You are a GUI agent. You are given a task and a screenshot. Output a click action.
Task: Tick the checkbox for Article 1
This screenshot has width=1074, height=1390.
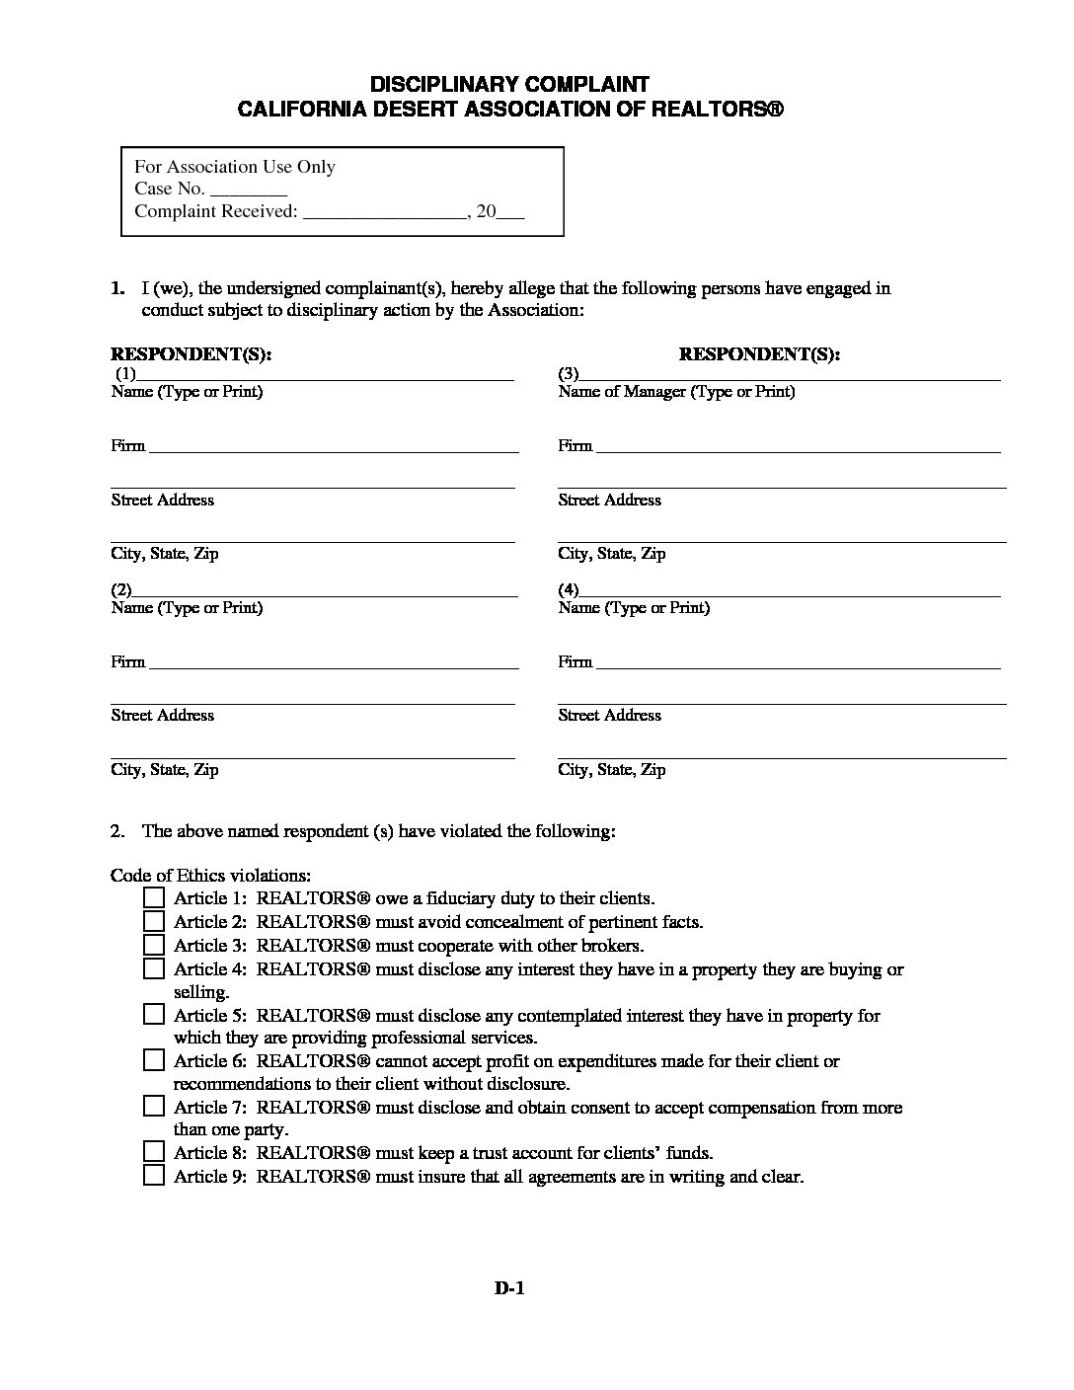pyautogui.click(x=153, y=897)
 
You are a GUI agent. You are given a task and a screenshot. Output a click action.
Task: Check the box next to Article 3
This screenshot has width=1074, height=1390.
pyautogui.click(x=153, y=945)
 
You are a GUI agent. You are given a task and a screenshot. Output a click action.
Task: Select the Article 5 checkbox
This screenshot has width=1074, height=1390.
pyautogui.click(x=153, y=1014)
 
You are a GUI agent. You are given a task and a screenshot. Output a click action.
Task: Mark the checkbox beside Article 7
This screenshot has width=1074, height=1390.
pyautogui.click(x=153, y=1106)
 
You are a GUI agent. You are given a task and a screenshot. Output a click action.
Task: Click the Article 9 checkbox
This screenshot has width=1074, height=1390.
pyautogui.click(x=153, y=1176)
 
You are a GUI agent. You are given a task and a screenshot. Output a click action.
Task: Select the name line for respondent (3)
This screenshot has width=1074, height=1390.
pyautogui.click(x=790, y=376)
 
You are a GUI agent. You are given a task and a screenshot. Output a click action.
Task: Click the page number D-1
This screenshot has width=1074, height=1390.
pyautogui.click(x=508, y=1287)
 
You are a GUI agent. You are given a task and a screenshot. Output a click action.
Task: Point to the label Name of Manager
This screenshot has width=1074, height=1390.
pyautogui.click(x=622, y=392)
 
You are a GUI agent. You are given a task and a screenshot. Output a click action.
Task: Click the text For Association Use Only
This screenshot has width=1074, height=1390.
pyautogui.click(x=235, y=167)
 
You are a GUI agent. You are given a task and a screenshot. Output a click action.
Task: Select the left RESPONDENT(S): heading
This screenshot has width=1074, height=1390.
pyautogui.click(x=191, y=354)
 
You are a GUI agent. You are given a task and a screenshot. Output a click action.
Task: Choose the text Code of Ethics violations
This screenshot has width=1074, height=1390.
pyautogui.click(x=211, y=875)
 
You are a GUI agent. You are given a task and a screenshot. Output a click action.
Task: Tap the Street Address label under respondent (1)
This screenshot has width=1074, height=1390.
pyautogui.click(x=162, y=501)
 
